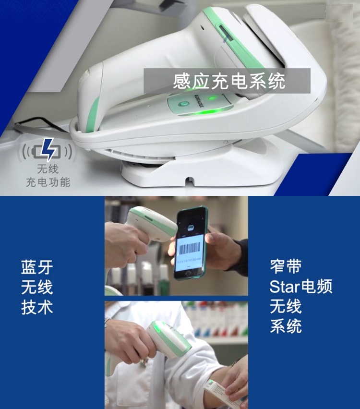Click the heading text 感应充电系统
(x=229, y=81)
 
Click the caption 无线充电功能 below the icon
(x=48, y=176)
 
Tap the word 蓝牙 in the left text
(x=37, y=267)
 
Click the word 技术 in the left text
(x=37, y=307)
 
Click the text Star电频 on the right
(x=300, y=287)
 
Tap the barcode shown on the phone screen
(x=191, y=249)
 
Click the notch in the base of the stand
(x=191, y=181)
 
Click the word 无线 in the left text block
(x=37, y=287)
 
